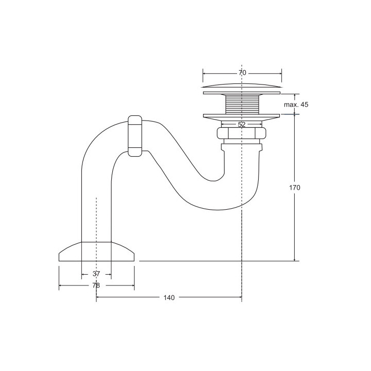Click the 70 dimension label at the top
click(x=242, y=73)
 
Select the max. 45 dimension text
click(x=296, y=105)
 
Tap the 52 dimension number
click(x=242, y=125)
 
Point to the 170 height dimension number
click(x=295, y=188)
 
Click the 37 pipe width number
click(x=96, y=274)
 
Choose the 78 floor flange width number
click(x=96, y=285)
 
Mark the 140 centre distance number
click(x=169, y=298)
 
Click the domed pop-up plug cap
click(x=242, y=86)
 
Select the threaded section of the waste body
click(x=242, y=104)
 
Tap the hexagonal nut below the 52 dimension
click(x=242, y=133)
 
